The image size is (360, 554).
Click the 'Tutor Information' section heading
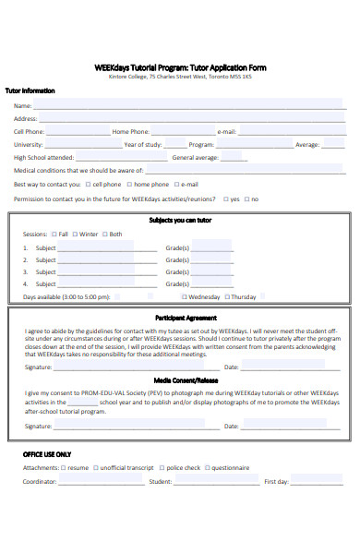[30, 91]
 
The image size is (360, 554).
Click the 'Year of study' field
[175, 145]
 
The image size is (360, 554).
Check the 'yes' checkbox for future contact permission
[224, 199]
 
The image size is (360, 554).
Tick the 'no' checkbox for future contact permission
[246, 199]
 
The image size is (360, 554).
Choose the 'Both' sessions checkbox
[105, 235]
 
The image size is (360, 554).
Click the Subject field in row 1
[97, 248]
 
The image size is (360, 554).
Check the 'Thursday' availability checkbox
[226, 297]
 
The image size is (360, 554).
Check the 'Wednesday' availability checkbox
[183, 297]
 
